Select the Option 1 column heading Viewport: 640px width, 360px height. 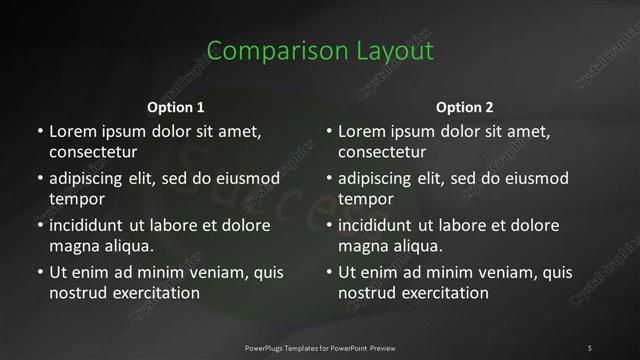176,107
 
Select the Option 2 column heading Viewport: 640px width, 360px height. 465,107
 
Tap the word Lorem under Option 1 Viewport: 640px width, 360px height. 71,131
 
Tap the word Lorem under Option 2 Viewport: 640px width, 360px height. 361,131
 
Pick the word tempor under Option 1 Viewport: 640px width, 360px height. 74,199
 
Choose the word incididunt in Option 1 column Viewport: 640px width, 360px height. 90,225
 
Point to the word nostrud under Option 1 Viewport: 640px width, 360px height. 76,293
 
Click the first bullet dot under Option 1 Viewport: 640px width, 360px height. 40,131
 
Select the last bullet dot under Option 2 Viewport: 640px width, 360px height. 330,272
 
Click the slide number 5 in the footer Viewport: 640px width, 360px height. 590,347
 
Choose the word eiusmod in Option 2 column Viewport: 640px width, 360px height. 534,178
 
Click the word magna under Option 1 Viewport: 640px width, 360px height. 72,245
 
